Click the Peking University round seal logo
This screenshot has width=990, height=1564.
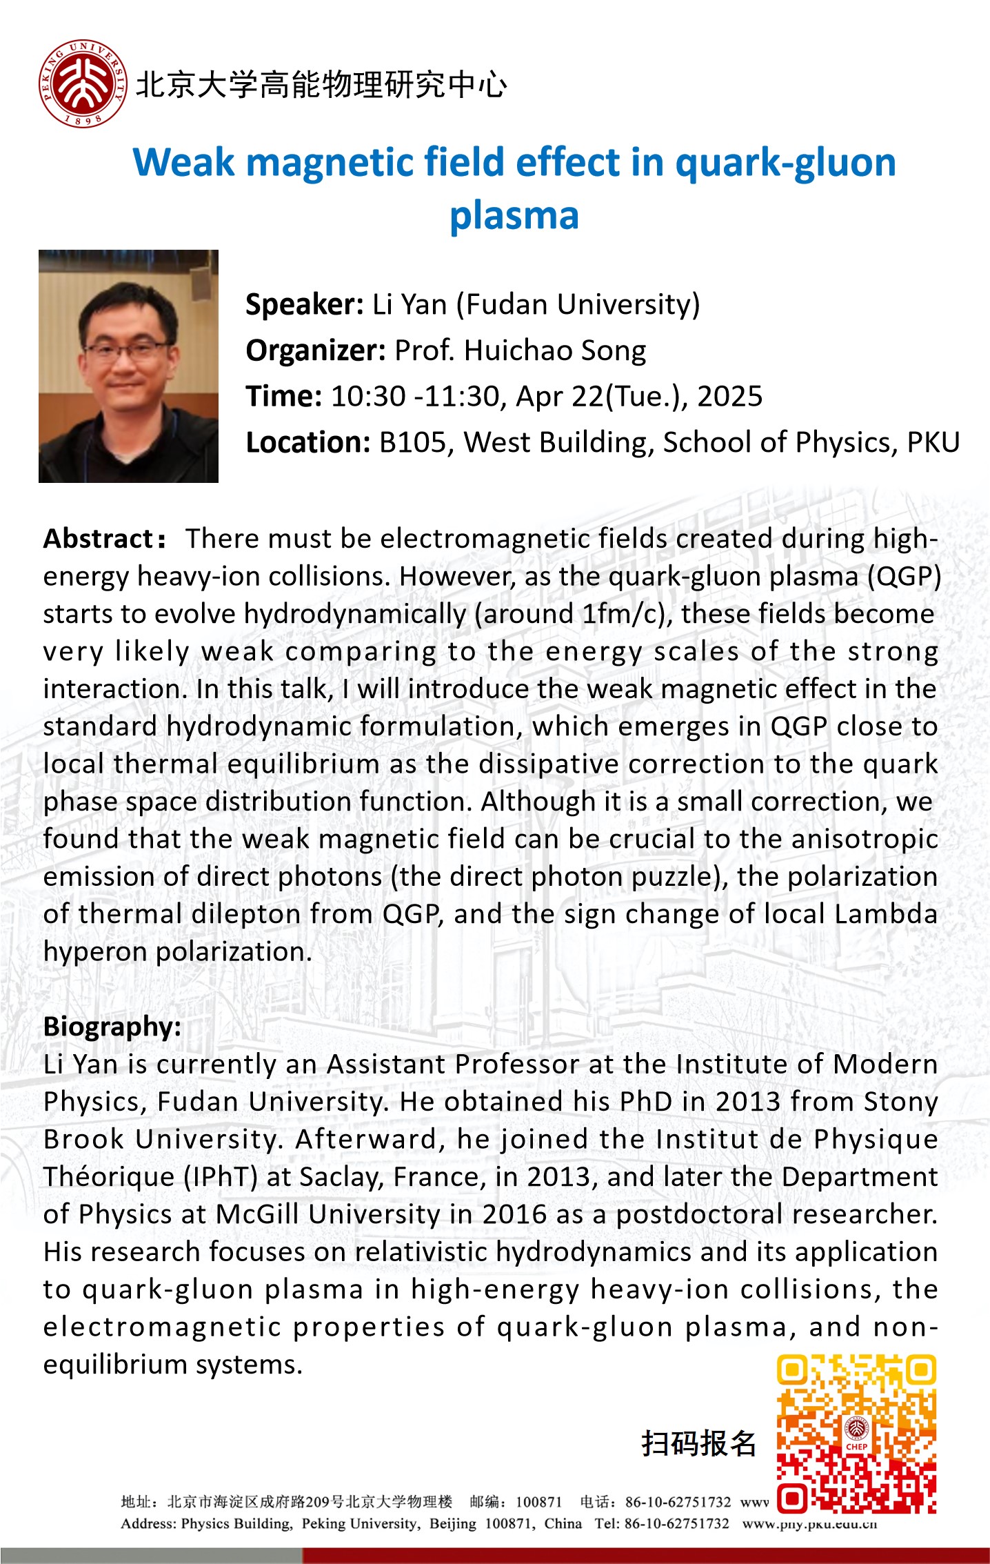point(83,83)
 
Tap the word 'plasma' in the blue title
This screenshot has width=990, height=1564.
point(514,215)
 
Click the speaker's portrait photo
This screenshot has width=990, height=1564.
point(128,366)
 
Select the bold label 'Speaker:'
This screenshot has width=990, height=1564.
point(304,304)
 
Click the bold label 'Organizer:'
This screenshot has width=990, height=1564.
point(315,350)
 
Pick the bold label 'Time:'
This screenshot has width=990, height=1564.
point(283,397)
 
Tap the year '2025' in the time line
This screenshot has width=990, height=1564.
point(729,397)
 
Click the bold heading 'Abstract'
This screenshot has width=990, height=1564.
point(98,539)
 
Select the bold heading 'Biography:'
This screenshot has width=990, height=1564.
point(112,1027)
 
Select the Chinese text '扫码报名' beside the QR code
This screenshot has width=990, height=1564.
point(698,1443)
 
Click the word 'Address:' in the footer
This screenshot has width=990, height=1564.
point(148,1523)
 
